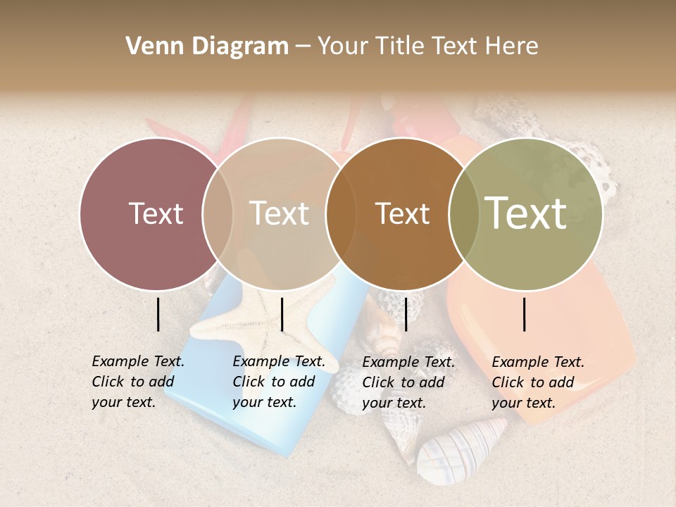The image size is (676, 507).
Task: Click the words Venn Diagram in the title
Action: (207, 46)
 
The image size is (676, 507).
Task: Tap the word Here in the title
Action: (512, 46)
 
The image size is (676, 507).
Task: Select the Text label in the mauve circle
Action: (156, 213)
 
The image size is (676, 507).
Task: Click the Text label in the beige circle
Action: (279, 213)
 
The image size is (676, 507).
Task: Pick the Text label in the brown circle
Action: (402, 213)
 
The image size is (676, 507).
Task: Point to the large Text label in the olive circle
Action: (525, 213)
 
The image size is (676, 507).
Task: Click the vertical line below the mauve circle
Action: (158, 314)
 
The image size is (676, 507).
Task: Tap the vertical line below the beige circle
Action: (282, 314)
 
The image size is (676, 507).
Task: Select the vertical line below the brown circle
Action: (406, 314)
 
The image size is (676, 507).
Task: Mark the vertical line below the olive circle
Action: (525, 314)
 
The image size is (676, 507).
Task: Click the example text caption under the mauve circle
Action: (137, 382)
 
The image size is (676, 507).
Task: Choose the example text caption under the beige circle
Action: (278, 382)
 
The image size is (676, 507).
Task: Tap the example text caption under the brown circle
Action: (408, 382)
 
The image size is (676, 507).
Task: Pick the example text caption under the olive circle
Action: (537, 382)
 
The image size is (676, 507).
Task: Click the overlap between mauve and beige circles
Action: (218, 214)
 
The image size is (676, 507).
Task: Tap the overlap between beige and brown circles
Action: (340, 214)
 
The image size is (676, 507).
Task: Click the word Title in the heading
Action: (401, 46)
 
